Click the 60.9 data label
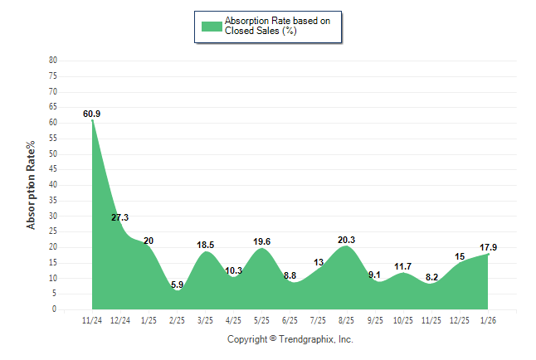[x=92, y=114]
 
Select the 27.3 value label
[x=120, y=217]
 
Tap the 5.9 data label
[x=177, y=285]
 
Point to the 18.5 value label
[x=206, y=245]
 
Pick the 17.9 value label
[x=488, y=247]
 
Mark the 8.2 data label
[x=431, y=278]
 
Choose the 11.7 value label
[x=403, y=266]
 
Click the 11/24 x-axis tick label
[x=92, y=320]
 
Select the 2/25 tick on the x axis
[x=177, y=320]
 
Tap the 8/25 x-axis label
[x=347, y=320]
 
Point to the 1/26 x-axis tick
[x=488, y=320]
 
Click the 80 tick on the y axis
[x=53, y=61]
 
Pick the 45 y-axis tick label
[x=53, y=169]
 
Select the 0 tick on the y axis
[x=55, y=309]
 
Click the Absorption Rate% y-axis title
[x=32, y=185]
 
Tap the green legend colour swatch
[x=212, y=26]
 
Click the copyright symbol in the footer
[x=273, y=339]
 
